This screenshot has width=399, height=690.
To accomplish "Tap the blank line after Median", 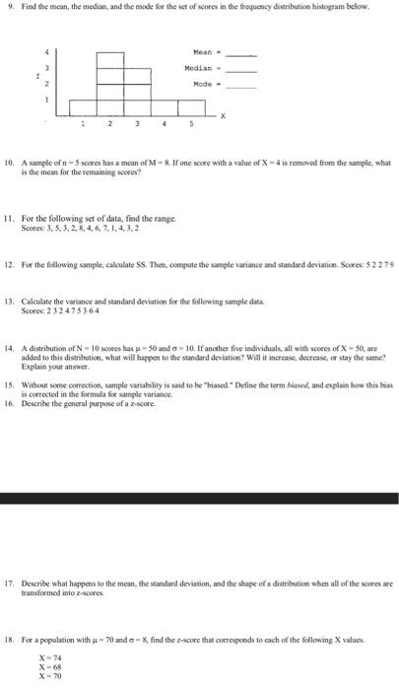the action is pyautogui.click(x=242, y=71).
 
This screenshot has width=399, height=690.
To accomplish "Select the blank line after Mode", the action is pyautogui.click(x=242, y=87).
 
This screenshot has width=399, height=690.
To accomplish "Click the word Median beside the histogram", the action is pyautogui.click(x=199, y=70).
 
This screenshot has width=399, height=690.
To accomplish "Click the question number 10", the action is pyautogui.click(x=10, y=160).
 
